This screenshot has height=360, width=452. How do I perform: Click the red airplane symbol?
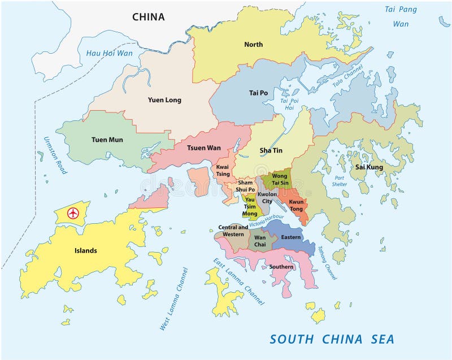pos(72,213)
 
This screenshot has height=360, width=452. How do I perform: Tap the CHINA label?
pos(149,17)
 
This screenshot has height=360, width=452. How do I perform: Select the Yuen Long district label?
pos(164,100)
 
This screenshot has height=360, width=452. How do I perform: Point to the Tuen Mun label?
pos(107,140)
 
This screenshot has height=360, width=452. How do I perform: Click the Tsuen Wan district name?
pos(205,148)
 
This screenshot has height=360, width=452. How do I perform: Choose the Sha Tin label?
pos(271,150)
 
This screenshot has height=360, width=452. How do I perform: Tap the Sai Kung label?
pos(369,167)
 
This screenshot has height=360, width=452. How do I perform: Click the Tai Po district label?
pos(258,93)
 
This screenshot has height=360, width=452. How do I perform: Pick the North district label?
pos(253,44)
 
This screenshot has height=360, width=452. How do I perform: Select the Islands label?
pos(86,250)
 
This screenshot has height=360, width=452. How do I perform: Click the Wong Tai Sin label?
pos(280,179)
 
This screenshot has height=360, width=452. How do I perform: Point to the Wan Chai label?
pos(260,241)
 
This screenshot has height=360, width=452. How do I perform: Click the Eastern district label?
pos(291,237)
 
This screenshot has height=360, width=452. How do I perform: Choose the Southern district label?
pos(281,267)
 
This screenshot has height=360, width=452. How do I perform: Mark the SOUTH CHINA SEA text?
pos(332,339)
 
